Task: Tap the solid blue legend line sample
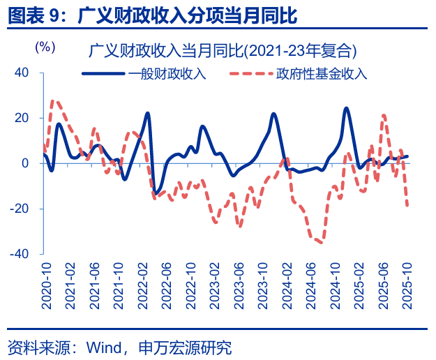[x=105, y=73]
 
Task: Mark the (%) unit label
[x=45, y=47]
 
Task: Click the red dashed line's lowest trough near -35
[x=320, y=242]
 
